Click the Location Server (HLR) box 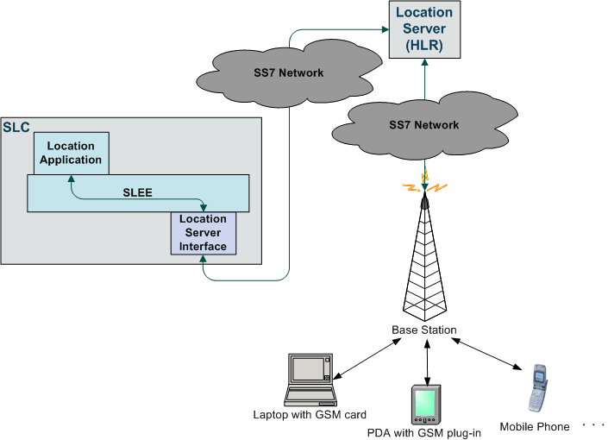(423, 29)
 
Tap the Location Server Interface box (203, 233)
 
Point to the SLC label (16, 128)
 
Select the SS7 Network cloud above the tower (423, 125)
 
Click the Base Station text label (423, 330)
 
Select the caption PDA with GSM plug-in (423, 432)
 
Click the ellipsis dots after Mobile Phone (594, 425)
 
